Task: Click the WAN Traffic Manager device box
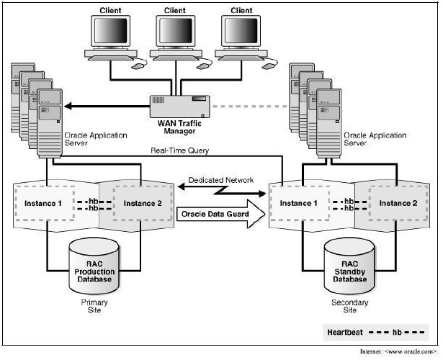[179, 107]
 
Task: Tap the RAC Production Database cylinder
[94, 266]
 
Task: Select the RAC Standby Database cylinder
[349, 266]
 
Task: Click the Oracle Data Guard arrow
[221, 214]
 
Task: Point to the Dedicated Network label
[221, 180]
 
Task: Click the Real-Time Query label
[179, 150]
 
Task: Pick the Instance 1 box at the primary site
[45, 203]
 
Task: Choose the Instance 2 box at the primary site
[143, 203]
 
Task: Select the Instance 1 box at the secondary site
[300, 203]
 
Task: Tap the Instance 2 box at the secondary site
[398, 203]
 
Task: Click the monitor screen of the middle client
[175, 30]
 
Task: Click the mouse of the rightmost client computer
[268, 66]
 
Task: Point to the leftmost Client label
[110, 11]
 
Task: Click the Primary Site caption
[94, 306]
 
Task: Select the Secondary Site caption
[350, 306]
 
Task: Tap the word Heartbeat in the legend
[345, 333]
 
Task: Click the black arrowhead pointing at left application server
[68, 107]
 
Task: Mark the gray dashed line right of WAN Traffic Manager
[249, 107]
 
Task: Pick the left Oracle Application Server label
[96, 139]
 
